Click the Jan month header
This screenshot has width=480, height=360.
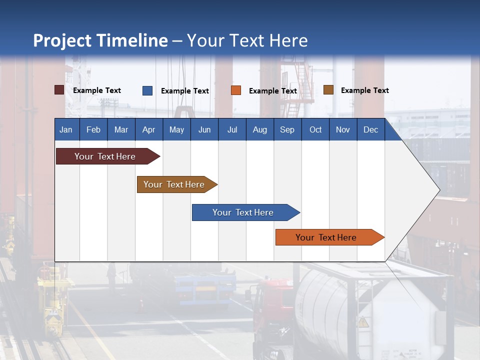click(x=66, y=129)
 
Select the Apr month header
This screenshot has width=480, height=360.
click(x=148, y=129)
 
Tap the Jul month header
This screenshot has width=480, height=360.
click(x=232, y=129)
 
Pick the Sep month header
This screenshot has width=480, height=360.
click(x=287, y=129)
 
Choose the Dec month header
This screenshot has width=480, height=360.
click(x=370, y=129)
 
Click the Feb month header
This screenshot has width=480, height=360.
click(x=93, y=129)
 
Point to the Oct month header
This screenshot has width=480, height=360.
click(x=315, y=129)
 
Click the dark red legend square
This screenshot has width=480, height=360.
click(x=59, y=90)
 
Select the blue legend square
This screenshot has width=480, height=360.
click(x=147, y=90)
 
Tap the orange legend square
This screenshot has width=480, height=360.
click(x=236, y=90)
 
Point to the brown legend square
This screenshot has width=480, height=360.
click(x=328, y=90)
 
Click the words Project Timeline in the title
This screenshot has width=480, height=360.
click(x=100, y=40)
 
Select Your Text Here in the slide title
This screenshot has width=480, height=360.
click(x=247, y=40)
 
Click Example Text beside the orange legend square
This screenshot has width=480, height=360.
click(x=272, y=91)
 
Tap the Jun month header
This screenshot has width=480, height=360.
click(x=204, y=129)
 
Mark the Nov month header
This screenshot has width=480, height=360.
click(x=343, y=129)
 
